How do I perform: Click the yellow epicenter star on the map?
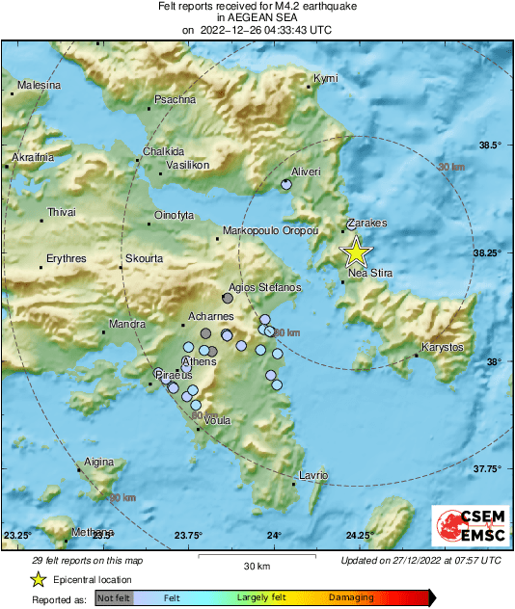pos(356,252)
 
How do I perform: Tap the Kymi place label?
pos(325,77)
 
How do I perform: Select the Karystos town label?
pos(443,347)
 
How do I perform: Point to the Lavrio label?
pos(314,475)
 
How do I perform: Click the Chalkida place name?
pos(163,151)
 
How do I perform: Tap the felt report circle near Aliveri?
pos(285,184)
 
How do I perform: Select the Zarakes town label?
pos(366,223)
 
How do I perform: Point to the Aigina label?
pos(99,463)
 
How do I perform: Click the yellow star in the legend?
pos(38,579)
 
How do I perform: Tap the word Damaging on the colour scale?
pos(351,598)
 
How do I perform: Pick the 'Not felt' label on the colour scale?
pos(114,598)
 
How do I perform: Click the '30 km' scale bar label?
pos(256,566)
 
